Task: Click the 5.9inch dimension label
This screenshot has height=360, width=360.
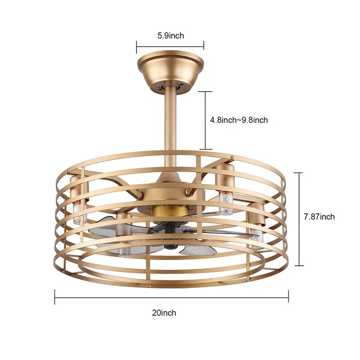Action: [171, 36]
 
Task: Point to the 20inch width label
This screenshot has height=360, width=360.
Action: [164, 313]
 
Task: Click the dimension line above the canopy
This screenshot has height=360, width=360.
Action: [171, 45]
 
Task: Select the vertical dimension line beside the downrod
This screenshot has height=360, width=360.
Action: [206, 120]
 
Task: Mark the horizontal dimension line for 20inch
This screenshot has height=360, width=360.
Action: [171, 297]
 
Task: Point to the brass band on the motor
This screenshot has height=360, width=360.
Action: [170, 210]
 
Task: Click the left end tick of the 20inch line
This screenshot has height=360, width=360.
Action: [55, 297]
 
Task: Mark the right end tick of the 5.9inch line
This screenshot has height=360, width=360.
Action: [204, 45]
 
